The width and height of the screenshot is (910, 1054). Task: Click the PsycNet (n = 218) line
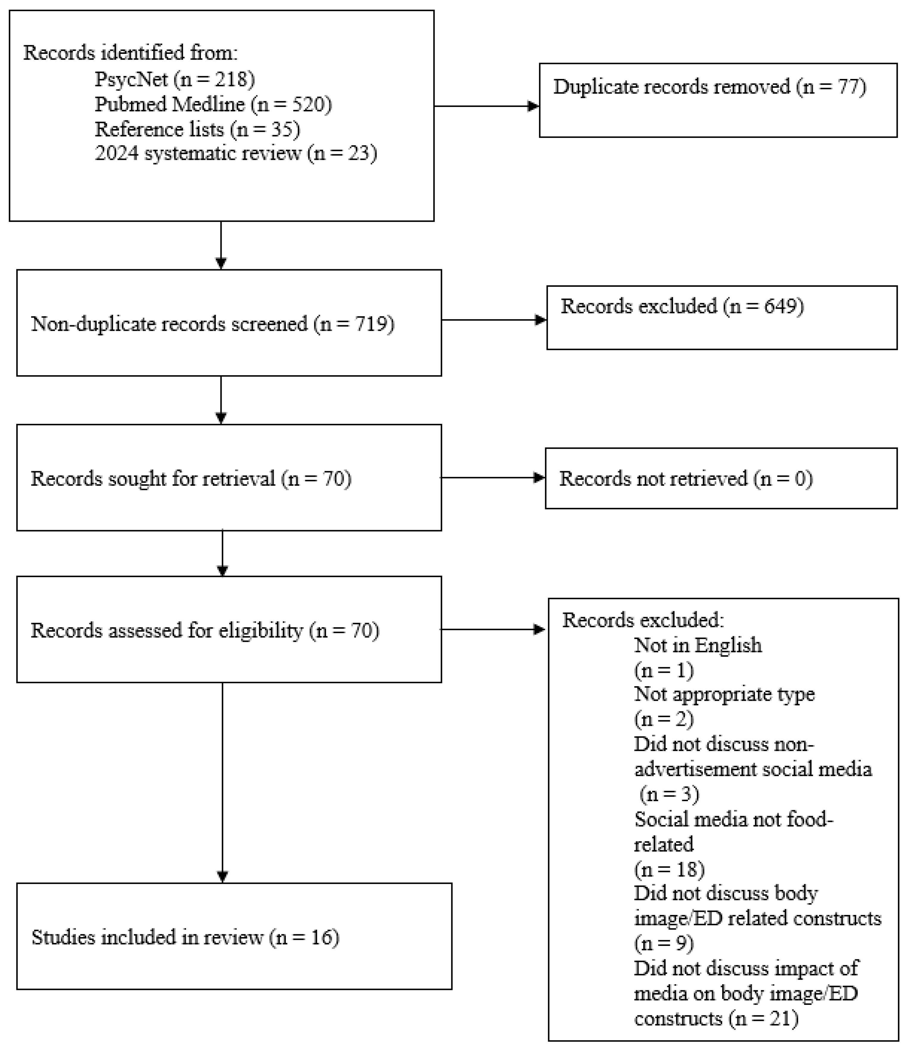click(175, 79)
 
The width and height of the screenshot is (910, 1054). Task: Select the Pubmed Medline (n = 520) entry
click(213, 104)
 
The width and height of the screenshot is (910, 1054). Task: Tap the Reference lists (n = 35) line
click(197, 129)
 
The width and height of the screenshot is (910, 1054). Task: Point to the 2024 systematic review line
click(236, 153)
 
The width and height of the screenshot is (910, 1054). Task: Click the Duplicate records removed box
click(718, 100)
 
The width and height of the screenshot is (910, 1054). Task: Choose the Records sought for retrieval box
click(229, 478)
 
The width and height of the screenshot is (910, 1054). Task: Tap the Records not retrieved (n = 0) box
click(721, 478)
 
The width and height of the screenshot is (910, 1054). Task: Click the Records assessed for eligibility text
click(205, 630)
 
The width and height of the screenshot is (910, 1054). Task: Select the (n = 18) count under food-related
click(669, 869)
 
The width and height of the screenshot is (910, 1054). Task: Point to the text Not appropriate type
click(724, 694)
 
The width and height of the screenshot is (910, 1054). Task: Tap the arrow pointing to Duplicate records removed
click(486, 106)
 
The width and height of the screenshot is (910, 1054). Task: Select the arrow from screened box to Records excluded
click(493, 320)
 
